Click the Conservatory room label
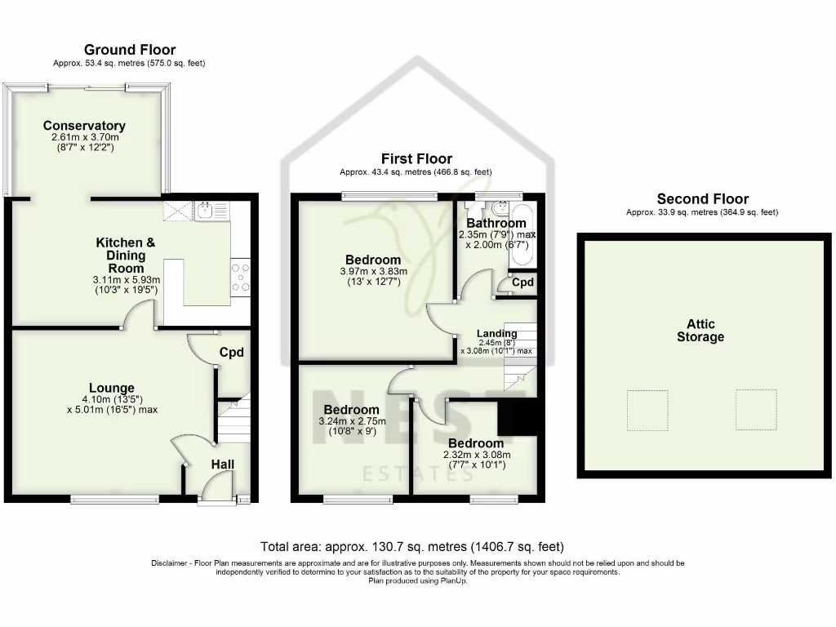coord(84,126)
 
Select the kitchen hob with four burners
coord(240,276)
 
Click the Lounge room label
coord(112,388)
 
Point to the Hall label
coord(223,465)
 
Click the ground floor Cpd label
coord(232,353)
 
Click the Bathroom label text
coord(496,223)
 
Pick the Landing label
coord(497,333)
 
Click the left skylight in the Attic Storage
coord(647,410)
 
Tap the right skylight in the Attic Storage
coord(755,409)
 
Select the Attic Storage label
coord(700,331)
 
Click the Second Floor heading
coord(702,199)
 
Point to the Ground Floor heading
coord(130,51)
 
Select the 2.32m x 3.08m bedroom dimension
coord(476,455)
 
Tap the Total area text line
coord(411,546)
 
